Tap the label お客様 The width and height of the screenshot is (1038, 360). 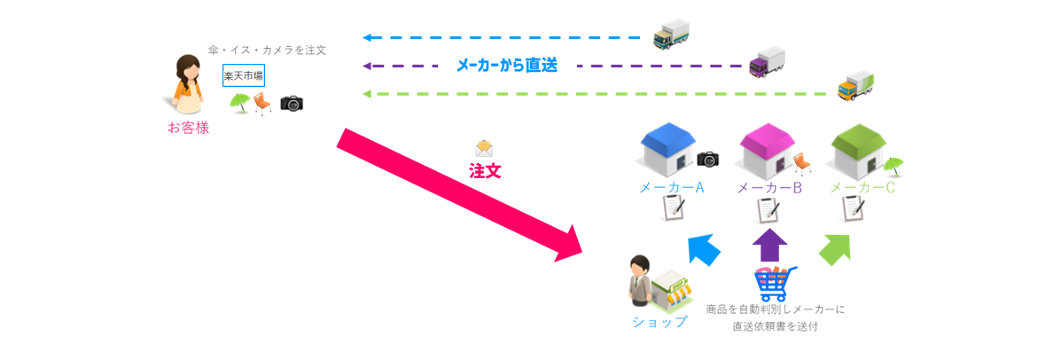(x=188, y=128)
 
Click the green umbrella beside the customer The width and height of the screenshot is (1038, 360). (x=238, y=103)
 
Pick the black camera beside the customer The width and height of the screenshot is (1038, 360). (x=292, y=103)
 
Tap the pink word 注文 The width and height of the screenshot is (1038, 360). (x=485, y=170)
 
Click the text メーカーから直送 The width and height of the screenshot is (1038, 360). (x=506, y=66)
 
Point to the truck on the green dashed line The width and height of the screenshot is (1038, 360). (x=857, y=86)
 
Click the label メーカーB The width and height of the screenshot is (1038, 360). (x=769, y=188)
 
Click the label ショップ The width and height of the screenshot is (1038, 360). (x=659, y=322)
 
